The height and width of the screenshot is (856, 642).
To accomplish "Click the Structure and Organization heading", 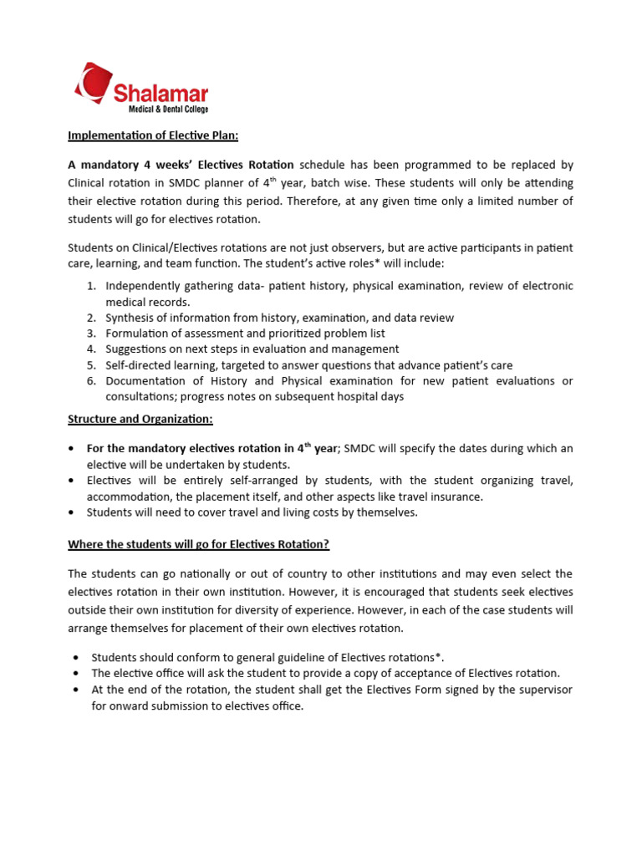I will (x=140, y=418).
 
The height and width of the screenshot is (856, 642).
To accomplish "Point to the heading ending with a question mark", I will (x=198, y=544).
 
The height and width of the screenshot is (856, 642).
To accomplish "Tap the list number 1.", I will (x=92, y=286).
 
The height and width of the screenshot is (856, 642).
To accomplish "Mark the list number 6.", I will (x=92, y=380).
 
